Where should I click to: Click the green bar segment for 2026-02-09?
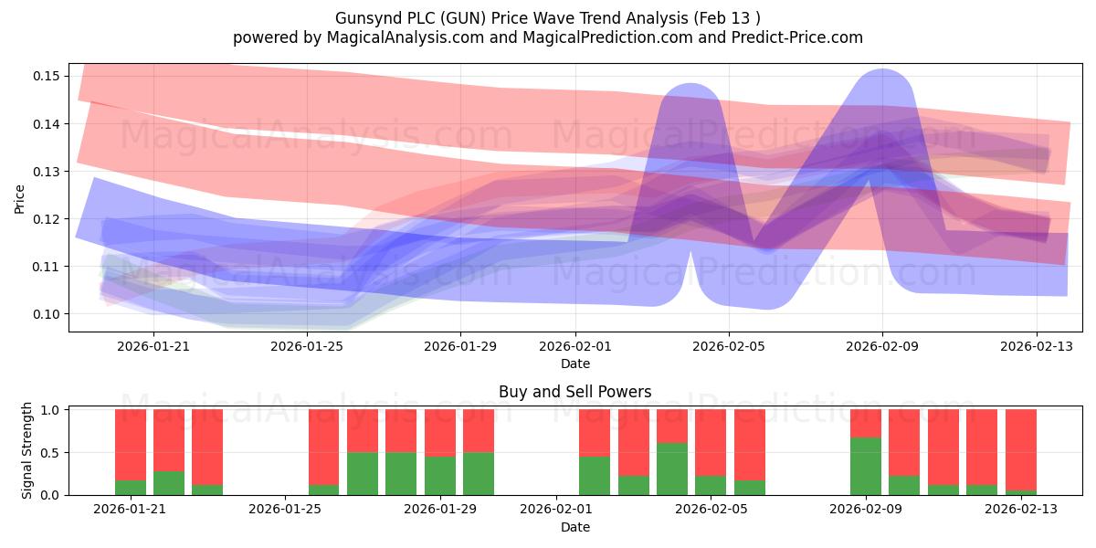pos(866,467)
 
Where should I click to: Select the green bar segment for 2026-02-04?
pos(672,469)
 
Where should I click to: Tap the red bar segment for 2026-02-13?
pos(1021,449)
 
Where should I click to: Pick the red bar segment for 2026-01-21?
pos(130,445)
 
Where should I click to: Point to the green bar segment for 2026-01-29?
pos(439,476)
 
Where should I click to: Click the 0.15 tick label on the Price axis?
pos(46,76)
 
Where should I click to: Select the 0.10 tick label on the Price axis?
pos(46,313)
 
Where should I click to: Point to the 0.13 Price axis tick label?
pos(46,172)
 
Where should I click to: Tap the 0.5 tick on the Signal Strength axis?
pos(49,453)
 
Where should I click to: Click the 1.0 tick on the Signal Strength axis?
pos(49,409)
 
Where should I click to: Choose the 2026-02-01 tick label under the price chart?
pos(575,346)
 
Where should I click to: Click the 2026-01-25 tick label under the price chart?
pos(307,346)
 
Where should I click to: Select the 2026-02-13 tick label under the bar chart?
pos(1021,509)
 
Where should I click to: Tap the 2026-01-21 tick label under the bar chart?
pos(130,509)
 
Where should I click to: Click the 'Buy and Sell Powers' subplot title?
pos(574,392)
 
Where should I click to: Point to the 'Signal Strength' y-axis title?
pos(26,450)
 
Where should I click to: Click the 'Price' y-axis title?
pos(19,199)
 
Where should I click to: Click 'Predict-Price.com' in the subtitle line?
pos(797,37)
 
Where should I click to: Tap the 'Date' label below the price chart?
pos(575,364)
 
